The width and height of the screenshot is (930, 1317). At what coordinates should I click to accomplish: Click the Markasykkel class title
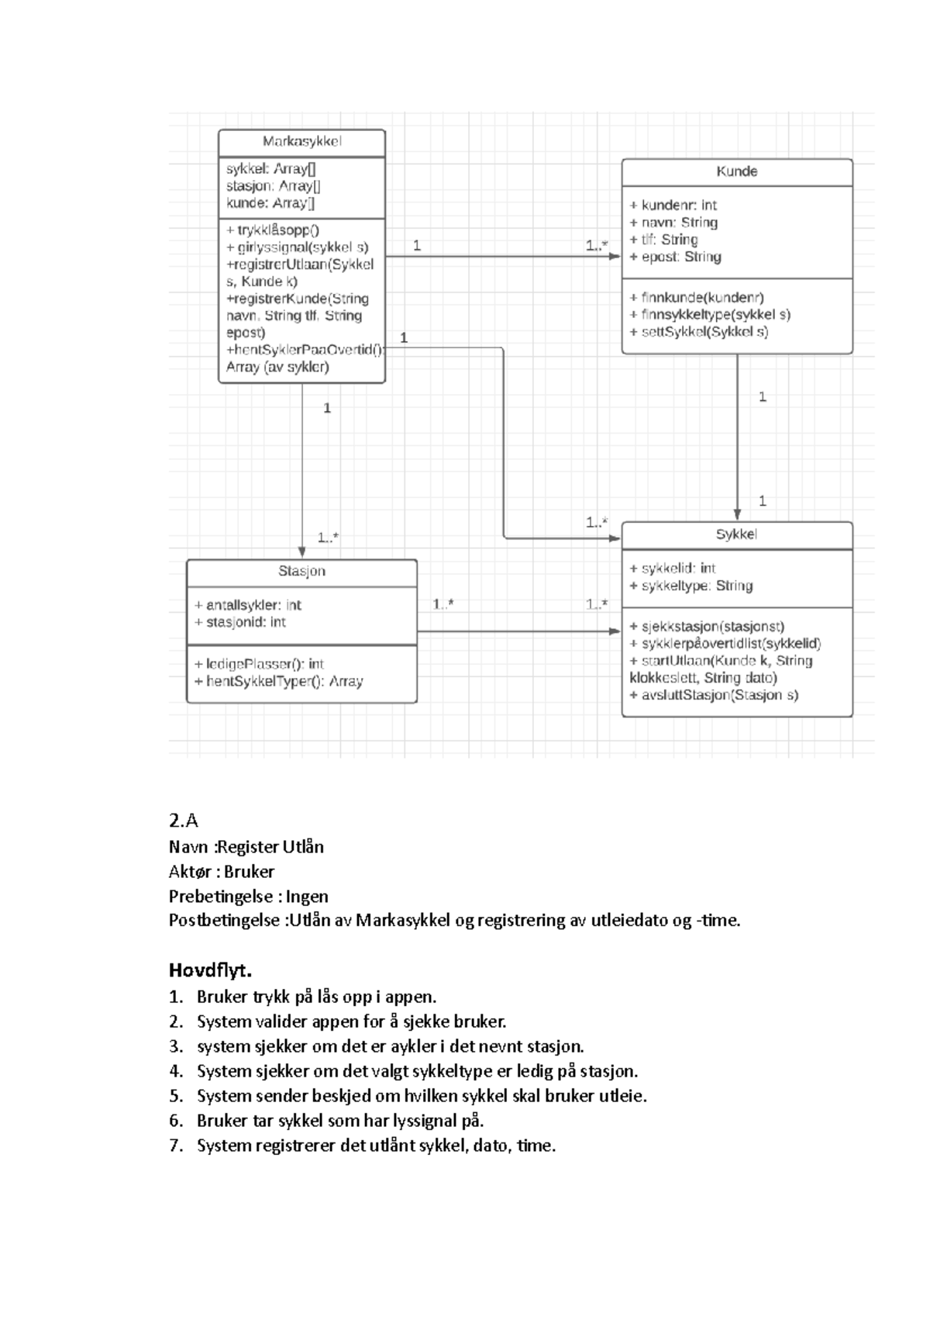pyautogui.click(x=301, y=141)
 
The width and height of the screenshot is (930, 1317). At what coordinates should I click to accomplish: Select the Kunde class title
pyautogui.click(x=736, y=171)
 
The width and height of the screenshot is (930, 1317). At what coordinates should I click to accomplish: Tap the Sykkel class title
pyautogui.click(x=736, y=534)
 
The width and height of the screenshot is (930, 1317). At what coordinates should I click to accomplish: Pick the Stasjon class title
pyautogui.click(x=301, y=572)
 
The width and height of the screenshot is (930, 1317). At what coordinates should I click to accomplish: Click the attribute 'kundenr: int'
pyautogui.click(x=673, y=206)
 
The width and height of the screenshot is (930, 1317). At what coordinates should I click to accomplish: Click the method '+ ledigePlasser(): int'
pyautogui.click(x=260, y=665)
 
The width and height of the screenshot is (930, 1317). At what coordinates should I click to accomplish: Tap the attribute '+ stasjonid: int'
pyautogui.click(x=240, y=622)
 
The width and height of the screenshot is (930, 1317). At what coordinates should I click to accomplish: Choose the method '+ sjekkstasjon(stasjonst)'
pyautogui.click(x=708, y=627)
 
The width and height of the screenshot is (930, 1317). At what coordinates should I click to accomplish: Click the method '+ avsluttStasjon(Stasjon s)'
pyautogui.click(x=714, y=695)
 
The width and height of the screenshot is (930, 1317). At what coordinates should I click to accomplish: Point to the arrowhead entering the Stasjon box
pyautogui.click(x=302, y=552)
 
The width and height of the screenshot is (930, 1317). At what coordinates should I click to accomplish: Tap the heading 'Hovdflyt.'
pyautogui.click(x=210, y=970)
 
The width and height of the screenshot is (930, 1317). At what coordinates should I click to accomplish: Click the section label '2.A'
pyautogui.click(x=184, y=821)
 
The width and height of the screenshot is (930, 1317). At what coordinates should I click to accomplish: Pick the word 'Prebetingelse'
pyautogui.click(x=220, y=897)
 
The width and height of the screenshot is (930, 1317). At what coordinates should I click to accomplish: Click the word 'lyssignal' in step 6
pyautogui.click(x=426, y=1121)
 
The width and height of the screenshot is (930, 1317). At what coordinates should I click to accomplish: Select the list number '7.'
pyautogui.click(x=176, y=1146)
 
